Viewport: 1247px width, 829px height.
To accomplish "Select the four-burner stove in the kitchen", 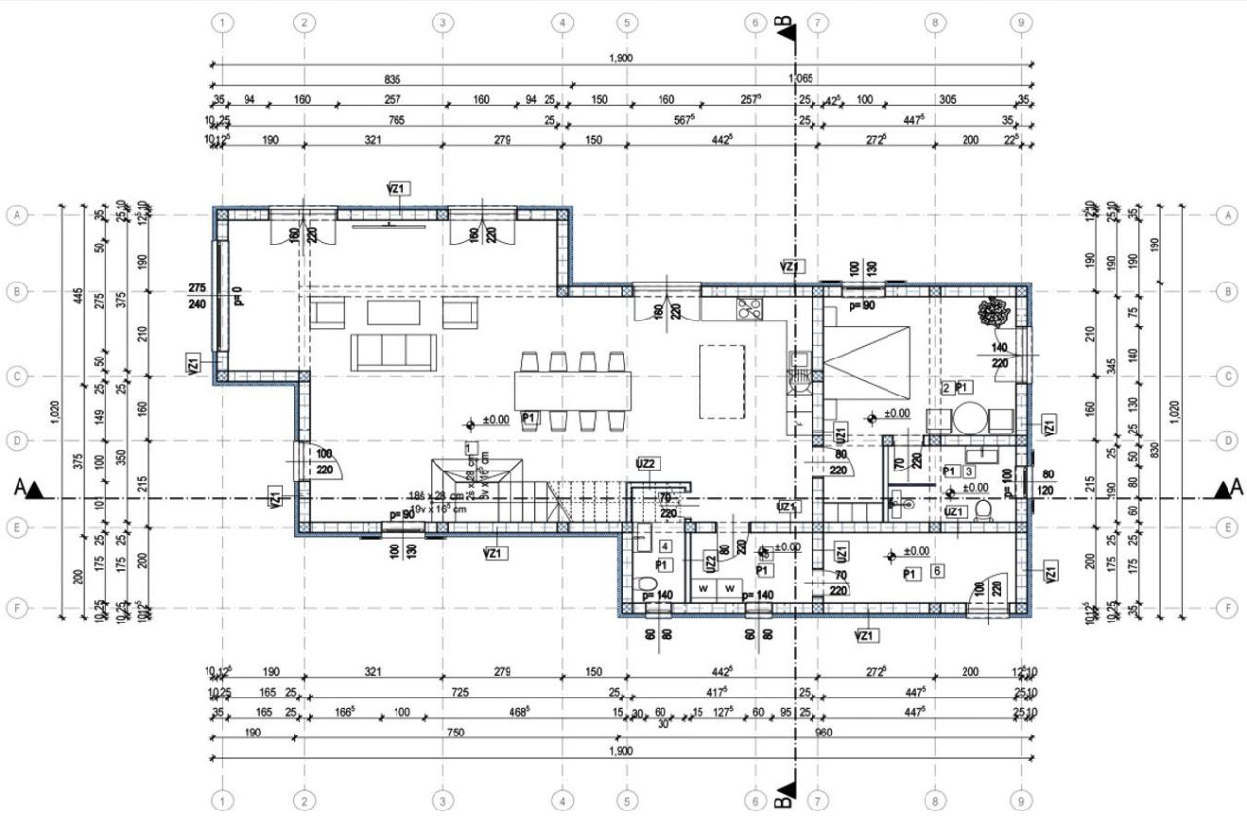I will click(x=749, y=310).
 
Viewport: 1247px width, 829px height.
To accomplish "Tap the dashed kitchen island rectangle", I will click(x=723, y=380).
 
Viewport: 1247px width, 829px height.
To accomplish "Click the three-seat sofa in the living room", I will click(x=382, y=352).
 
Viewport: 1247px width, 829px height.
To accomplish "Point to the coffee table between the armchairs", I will click(x=394, y=312).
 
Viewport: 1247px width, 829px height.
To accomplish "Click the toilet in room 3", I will click(x=982, y=510).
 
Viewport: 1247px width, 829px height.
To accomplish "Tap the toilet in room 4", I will click(x=646, y=587).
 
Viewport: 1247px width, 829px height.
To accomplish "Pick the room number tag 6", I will click(x=936, y=570).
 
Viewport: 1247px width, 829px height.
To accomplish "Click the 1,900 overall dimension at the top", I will click(x=622, y=57).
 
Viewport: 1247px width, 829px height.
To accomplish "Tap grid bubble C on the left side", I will click(x=16, y=376).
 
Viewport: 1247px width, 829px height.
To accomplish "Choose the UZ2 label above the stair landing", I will click(x=646, y=463).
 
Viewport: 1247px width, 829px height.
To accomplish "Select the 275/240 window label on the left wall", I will click(x=199, y=296).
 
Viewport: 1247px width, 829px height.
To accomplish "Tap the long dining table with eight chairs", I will click(x=574, y=390).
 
